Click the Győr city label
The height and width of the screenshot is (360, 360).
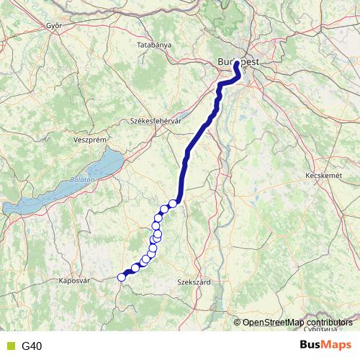pos(54,25)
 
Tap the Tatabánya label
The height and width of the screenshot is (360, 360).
pos(154,45)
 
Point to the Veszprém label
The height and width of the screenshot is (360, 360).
pos(90,139)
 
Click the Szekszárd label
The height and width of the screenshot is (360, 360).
pos(194,283)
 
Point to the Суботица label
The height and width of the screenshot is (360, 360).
pos(320,329)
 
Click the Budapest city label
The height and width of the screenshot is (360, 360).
pos(238,62)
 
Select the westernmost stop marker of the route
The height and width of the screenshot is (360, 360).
pos(122,277)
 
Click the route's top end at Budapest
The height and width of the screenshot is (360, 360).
pos(236,64)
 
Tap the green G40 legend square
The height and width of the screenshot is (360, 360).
pos(9,346)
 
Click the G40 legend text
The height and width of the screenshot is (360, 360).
pos(32,346)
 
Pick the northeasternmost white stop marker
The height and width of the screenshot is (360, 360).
pos(173,204)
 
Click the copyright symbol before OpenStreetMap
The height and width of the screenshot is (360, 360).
pos(238,323)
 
